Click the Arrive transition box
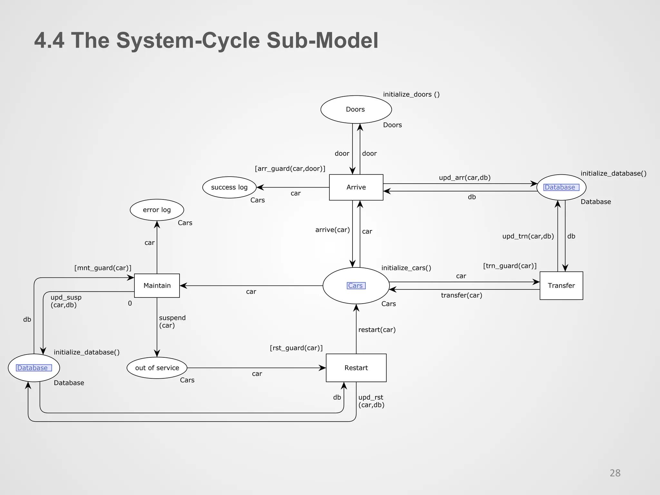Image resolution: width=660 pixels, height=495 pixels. click(x=356, y=187)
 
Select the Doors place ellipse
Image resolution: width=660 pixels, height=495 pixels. click(x=356, y=109)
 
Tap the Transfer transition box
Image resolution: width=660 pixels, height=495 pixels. click(x=561, y=286)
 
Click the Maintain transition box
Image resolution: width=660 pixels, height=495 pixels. click(x=157, y=286)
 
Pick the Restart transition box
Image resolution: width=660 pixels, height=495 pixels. click(x=356, y=368)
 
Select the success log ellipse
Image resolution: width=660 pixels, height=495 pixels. click(x=229, y=187)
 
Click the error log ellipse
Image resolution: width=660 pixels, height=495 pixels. click(x=157, y=210)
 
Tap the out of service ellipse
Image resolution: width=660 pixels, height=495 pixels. click(x=157, y=368)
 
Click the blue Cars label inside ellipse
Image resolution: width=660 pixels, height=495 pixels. click(x=355, y=286)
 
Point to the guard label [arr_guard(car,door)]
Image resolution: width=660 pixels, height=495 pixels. click(x=290, y=169)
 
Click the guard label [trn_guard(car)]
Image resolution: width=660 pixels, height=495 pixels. click(x=510, y=266)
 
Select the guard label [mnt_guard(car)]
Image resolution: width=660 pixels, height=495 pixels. click(x=103, y=268)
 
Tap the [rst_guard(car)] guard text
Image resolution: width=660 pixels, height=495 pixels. click(x=296, y=348)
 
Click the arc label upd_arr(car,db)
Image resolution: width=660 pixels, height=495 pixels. click(x=464, y=178)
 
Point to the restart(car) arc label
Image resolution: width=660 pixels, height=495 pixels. click(x=377, y=330)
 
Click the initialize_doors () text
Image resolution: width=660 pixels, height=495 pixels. click(x=411, y=94)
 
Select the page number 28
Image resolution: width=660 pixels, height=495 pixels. click(x=615, y=473)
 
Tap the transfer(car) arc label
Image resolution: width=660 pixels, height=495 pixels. click(x=461, y=295)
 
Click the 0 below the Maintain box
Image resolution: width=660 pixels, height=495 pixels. click(x=130, y=303)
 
